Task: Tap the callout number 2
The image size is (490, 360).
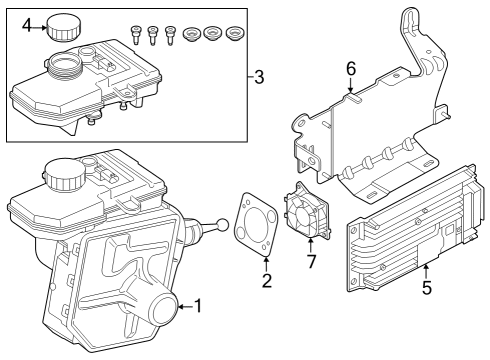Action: click(x=266, y=281)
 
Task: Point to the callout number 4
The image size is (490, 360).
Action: click(x=27, y=25)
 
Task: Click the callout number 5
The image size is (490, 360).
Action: click(x=426, y=289)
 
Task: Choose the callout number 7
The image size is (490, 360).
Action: click(x=311, y=262)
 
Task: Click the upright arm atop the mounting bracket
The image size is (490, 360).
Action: click(x=414, y=40)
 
